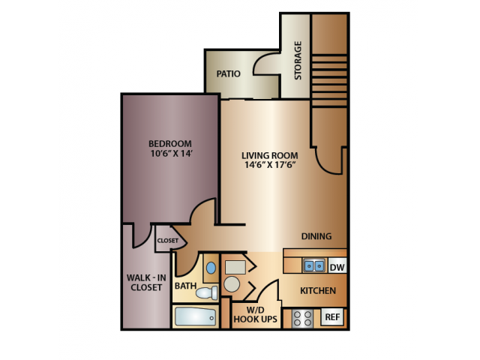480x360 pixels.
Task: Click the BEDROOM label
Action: tap(169, 144)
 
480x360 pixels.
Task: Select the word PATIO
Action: tap(228, 74)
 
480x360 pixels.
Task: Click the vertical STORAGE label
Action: tap(298, 60)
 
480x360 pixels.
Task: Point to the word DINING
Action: tap(316, 236)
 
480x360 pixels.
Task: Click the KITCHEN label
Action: tap(317, 291)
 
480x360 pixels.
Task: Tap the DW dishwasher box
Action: tap(337, 266)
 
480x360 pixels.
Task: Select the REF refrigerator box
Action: tap(332, 317)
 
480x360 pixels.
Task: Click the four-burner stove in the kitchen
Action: tap(303, 318)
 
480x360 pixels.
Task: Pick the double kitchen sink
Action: tap(314, 265)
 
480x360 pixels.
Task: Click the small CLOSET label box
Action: tap(167, 241)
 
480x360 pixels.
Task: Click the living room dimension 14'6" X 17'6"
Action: tap(265, 167)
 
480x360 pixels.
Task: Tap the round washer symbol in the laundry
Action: tap(232, 283)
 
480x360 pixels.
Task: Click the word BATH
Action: tap(185, 286)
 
